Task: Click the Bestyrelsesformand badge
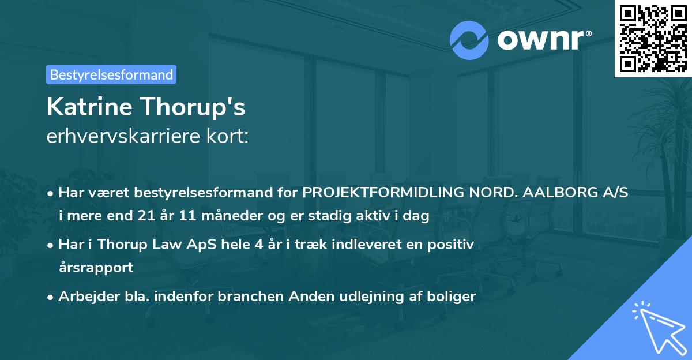click(111, 74)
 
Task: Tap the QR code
click(653, 38)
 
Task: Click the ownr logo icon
click(469, 40)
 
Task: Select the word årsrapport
click(96, 267)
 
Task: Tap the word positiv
click(449, 245)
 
